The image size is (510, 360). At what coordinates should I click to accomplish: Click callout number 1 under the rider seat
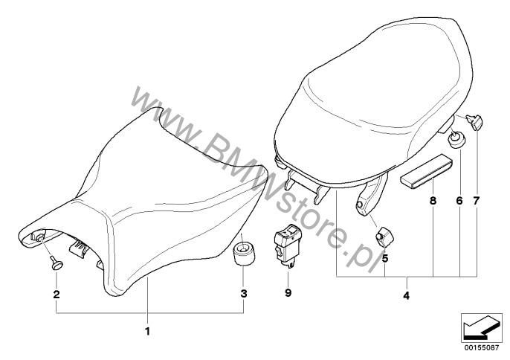pos(147,332)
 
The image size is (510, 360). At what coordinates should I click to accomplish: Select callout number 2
pos(57,295)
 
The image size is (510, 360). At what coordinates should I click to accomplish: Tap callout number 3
pos(244,294)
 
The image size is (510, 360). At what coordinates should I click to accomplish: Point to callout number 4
pos(406,296)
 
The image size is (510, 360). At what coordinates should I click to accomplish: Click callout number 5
pos(385,259)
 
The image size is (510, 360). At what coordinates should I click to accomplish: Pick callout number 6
pos(459,201)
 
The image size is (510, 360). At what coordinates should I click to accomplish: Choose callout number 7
pos(476,201)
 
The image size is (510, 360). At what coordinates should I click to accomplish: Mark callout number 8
pos(433,201)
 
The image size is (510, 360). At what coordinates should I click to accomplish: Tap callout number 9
pos(288,293)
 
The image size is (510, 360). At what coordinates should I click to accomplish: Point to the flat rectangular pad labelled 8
pos(427,170)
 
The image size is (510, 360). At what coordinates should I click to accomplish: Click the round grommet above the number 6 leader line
pos(456,138)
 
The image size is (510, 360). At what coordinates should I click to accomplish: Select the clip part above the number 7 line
pos(475,122)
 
